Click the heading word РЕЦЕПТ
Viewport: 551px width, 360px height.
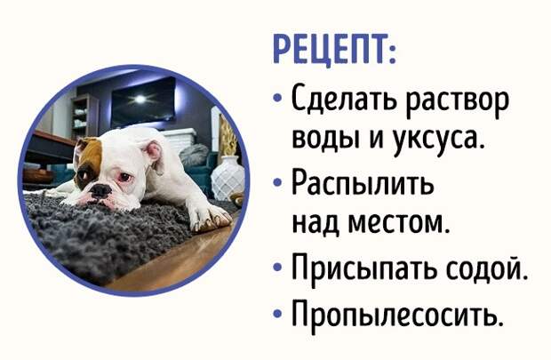(334, 49)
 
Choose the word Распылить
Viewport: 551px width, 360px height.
(363, 185)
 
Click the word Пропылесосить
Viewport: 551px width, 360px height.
(395, 313)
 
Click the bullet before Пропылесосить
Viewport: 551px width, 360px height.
(277, 313)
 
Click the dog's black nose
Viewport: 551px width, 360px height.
(100, 190)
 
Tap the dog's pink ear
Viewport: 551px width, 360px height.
(155, 152)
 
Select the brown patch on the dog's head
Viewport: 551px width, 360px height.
(89, 160)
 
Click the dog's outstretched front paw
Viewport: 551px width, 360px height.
(210, 215)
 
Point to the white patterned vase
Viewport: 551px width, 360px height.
(228, 178)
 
